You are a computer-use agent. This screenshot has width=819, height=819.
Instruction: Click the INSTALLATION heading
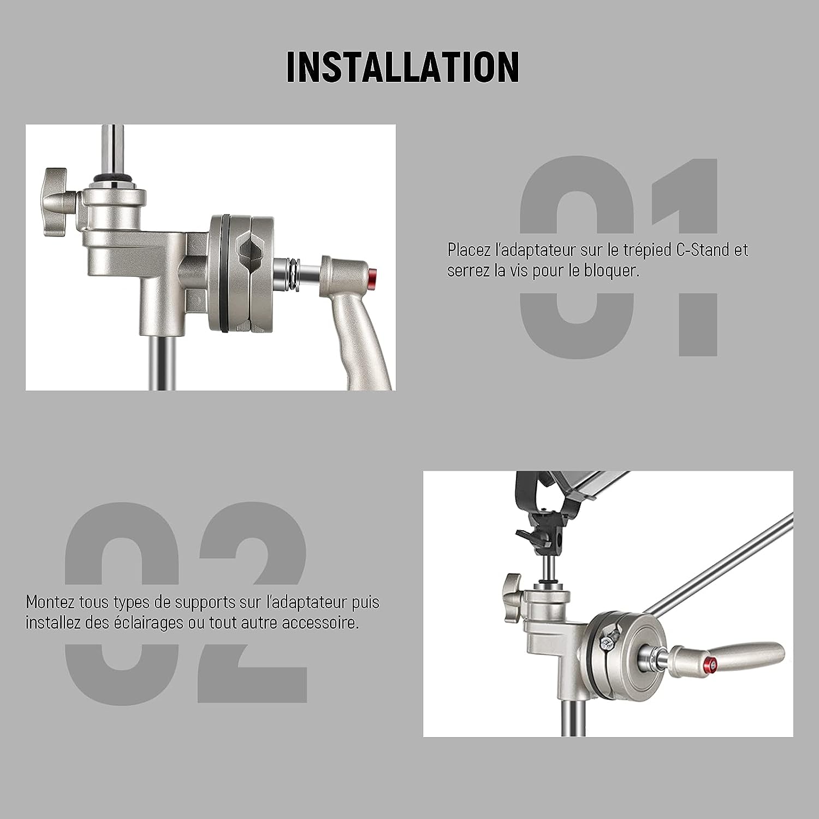click(402, 67)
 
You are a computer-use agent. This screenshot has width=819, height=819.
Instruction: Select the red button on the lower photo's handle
click(710, 664)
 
